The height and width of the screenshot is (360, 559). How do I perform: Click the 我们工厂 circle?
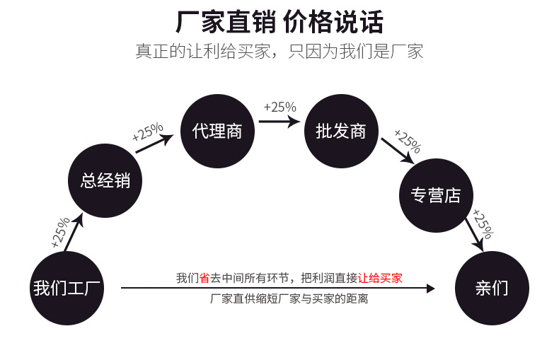[68, 288]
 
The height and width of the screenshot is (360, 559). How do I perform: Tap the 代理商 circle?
[217, 131]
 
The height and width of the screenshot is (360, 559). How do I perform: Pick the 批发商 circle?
[341, 131]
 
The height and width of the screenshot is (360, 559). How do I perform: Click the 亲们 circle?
[492, 288]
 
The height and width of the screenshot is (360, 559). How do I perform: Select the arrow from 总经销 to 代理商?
[154, 144]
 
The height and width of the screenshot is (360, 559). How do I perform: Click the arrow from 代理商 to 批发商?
[278, 121]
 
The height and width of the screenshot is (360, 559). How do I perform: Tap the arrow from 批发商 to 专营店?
[397, 150]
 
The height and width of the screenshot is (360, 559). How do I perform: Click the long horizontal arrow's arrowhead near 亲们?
[430, 288]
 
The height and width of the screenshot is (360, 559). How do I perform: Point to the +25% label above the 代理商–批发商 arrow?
[279, 107]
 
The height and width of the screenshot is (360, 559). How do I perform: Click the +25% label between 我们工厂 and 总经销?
[60, 231]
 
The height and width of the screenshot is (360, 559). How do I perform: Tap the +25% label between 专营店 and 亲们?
[483, 223]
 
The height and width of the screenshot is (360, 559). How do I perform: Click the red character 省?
[204, 278]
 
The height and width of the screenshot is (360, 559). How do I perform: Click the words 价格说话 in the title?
[333, 23]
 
